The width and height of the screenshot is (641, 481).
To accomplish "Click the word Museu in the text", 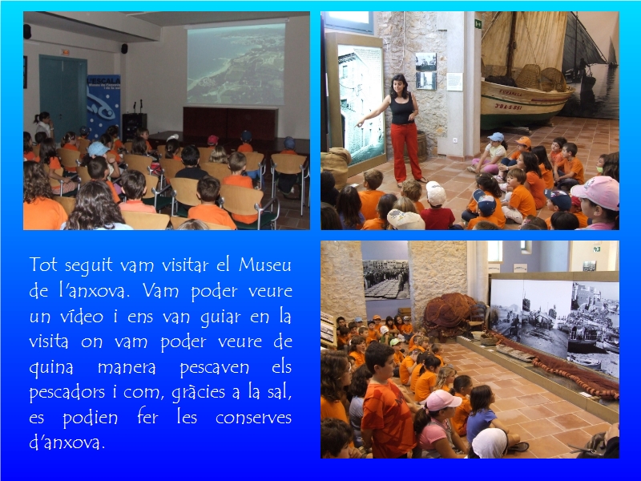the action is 265,265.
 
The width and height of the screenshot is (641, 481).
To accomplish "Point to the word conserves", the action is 253,418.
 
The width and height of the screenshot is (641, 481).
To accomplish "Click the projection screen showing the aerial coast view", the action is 236,64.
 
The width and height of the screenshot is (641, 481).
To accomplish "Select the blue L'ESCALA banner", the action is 103,106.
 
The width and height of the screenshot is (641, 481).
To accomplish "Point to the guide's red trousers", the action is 406,152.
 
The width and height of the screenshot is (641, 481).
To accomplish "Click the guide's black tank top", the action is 402,108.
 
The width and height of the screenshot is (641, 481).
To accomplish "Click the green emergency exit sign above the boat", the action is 478,24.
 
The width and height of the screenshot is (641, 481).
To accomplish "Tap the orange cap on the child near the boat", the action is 524,142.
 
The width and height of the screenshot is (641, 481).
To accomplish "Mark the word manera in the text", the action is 127,367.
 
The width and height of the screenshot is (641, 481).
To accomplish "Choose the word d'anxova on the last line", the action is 67,443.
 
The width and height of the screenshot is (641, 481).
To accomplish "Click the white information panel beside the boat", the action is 454,82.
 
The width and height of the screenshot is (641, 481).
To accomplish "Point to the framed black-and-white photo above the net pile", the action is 386,280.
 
